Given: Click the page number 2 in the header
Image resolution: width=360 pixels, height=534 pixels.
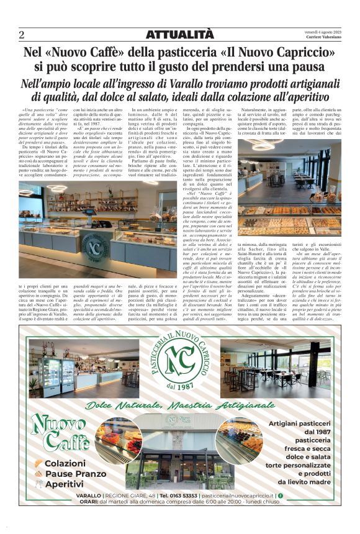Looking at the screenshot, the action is pos(22,34).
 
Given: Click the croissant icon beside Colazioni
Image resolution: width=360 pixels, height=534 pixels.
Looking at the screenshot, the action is pos(39,463).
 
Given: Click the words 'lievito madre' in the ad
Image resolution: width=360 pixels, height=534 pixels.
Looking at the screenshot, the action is pos(310,482).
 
